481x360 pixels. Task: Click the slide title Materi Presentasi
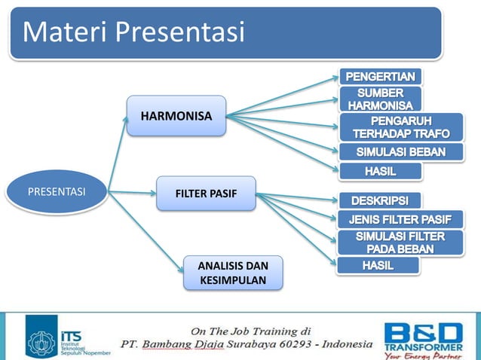click(x=134, y=32)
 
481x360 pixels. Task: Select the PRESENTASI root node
click(x=57, y=191)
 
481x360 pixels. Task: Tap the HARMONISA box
click(x=176, y=116)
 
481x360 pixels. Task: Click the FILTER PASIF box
click(x=206, y=194)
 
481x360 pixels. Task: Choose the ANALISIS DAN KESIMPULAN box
click(x=233, y=273)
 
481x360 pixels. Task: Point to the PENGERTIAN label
click(x=380, y=77)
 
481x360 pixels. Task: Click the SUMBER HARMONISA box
click(x=380, y=99)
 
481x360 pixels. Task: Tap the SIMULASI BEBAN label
click(x=400, y=153)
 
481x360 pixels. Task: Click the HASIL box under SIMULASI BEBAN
click(x=380, y=172)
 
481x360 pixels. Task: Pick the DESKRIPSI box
click(x=380, y=201)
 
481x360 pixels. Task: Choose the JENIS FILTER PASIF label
click(x=400, y=220)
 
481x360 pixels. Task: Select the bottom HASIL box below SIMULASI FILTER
click(x=378, y=266)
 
